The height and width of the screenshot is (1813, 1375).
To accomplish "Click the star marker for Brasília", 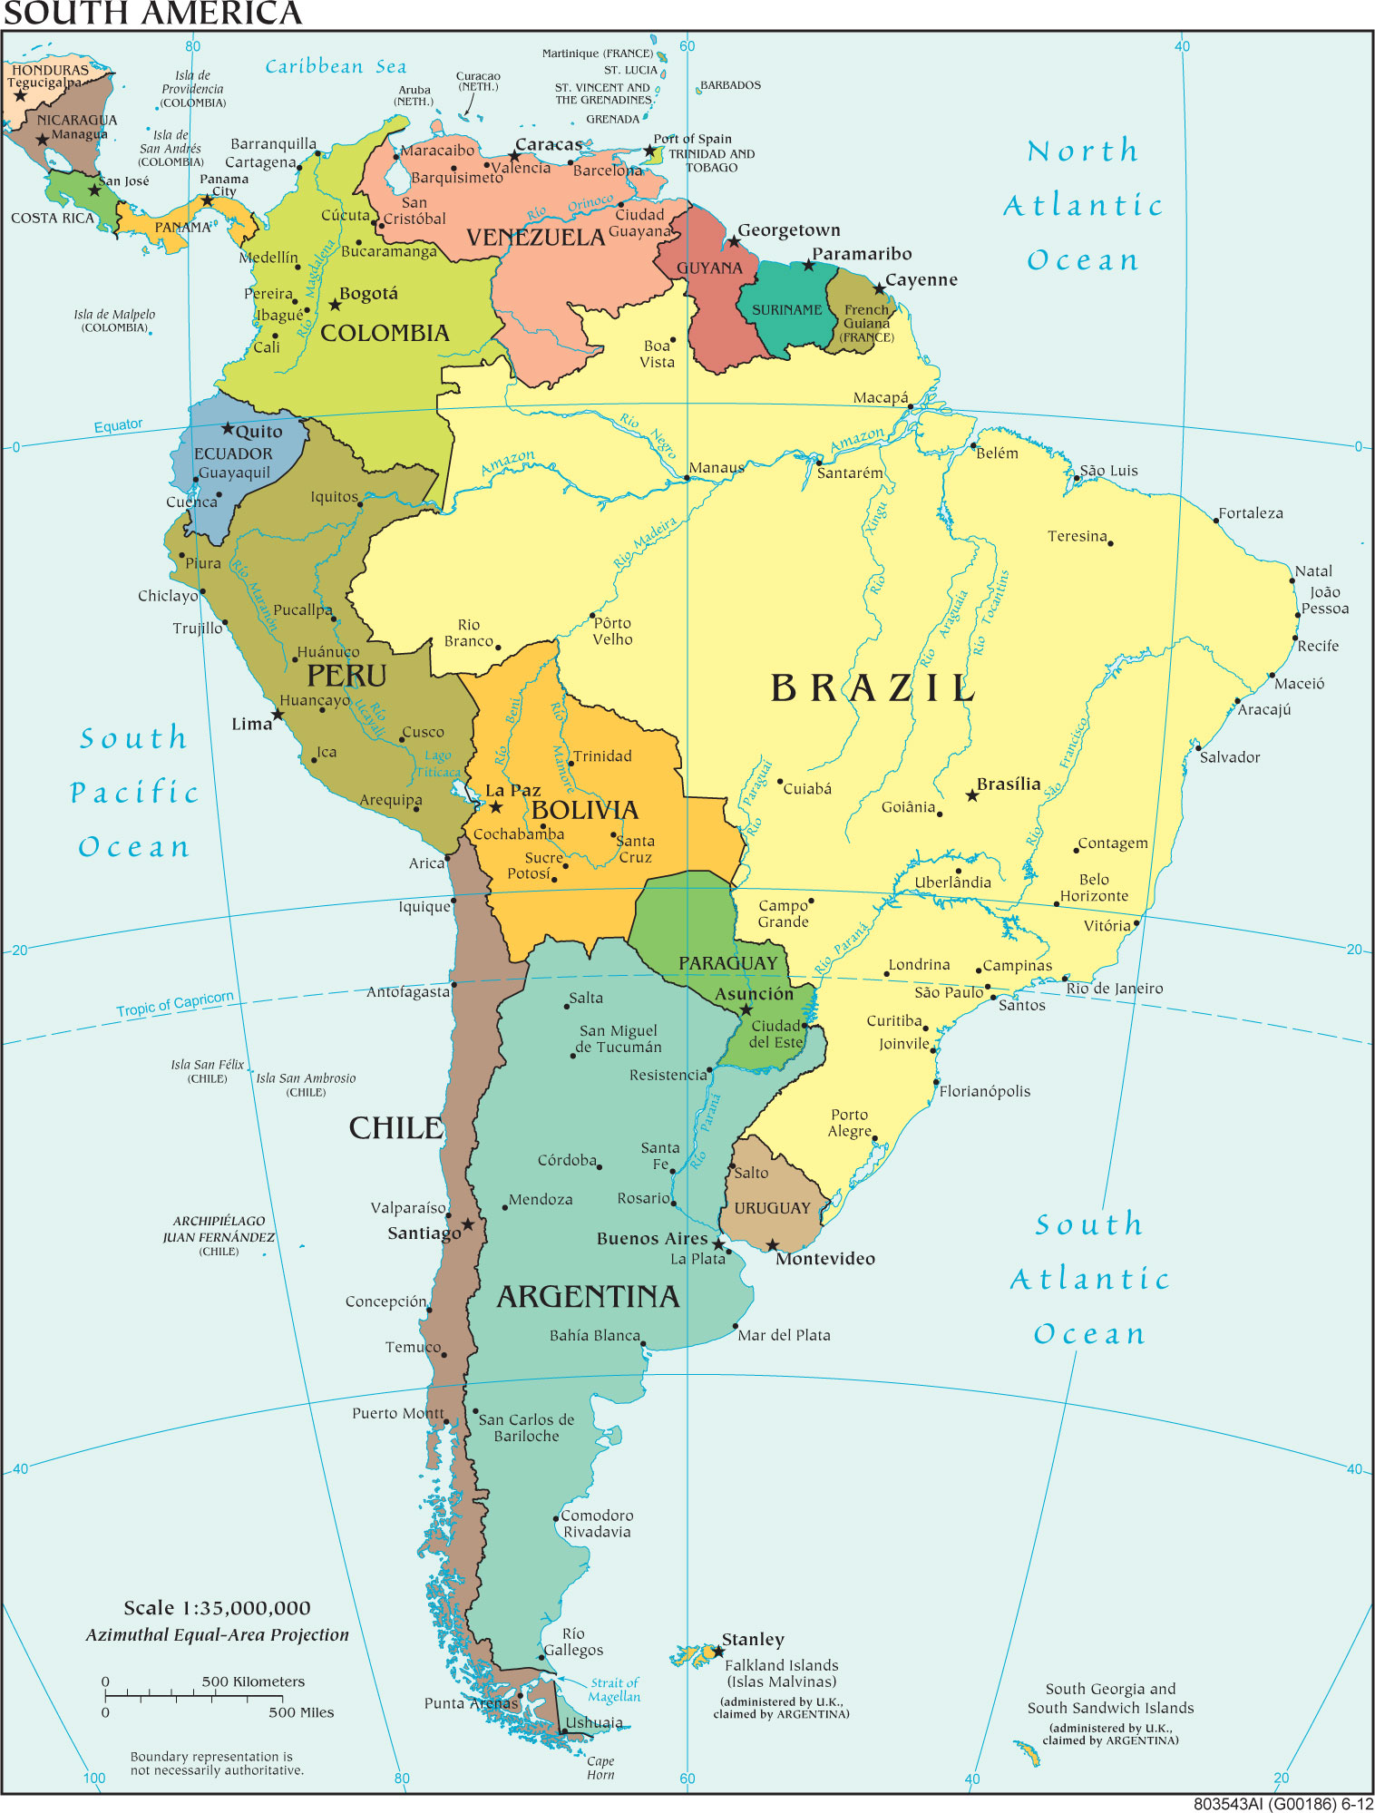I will pos(972,795).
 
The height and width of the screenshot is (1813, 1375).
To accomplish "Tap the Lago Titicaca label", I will pos(439,764).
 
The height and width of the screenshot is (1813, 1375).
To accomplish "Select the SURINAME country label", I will pos(786,310).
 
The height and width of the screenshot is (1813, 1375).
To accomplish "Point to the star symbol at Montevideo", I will pos(772,1245).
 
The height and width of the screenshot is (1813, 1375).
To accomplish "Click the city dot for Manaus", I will pos(687,478).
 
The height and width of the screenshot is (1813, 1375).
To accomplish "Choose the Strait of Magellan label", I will pos(614,1690).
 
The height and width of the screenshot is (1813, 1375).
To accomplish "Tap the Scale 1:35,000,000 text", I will pos(217,1608).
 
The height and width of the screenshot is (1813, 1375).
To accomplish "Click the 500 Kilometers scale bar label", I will pos(253,1681).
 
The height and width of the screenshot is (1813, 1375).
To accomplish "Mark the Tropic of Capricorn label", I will pos(174,1004).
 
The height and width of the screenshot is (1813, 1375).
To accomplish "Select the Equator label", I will pos(118,425).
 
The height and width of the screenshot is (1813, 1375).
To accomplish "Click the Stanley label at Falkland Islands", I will pos(753,1640).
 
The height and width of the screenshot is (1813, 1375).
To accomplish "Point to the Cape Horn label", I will pos(600,1768).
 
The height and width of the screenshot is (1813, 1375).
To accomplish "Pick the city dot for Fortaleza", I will pos(1216,521).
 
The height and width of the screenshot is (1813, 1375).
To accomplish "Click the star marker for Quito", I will pos(228,428).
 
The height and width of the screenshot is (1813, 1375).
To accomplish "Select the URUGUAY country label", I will pos(772,1208).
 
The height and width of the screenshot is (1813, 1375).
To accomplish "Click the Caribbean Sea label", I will pos(336,66).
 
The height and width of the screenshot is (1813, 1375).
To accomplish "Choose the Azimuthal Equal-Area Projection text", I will pos(217,1635).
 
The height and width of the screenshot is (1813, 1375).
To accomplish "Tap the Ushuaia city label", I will pos(594,1722).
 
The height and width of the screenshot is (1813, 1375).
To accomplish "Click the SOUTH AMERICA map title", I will pos(152,14).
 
